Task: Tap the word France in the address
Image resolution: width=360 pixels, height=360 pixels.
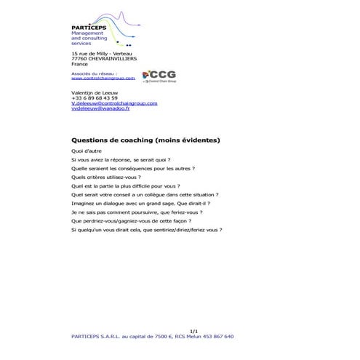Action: click(79, 64)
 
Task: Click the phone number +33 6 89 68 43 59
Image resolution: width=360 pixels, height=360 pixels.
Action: click(89, 97)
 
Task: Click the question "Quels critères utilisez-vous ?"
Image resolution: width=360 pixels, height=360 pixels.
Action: click(105, 177)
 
